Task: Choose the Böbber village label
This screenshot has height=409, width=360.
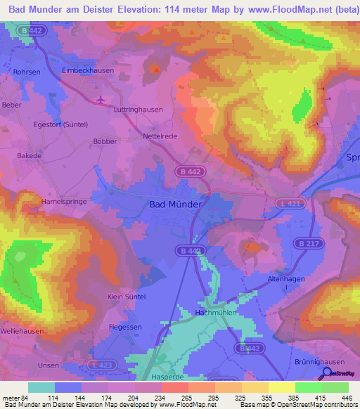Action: (x=104, y=141)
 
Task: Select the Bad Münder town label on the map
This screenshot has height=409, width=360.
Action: (x=176, y=204)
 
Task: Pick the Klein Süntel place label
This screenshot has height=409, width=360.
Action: (x=127, y=297)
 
